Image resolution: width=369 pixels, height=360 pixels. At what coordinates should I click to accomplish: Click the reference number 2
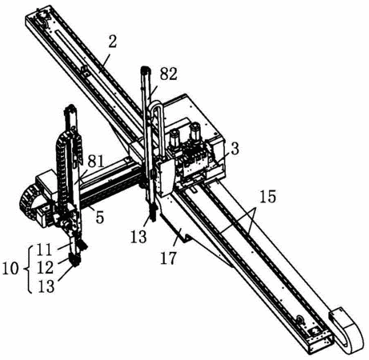113,41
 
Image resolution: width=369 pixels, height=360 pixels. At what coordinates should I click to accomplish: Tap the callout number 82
169,74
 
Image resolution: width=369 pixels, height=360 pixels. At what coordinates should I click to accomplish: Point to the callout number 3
235,150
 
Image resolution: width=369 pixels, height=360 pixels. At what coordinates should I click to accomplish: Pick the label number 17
168,257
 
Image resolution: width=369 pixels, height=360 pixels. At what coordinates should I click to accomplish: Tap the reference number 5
99,218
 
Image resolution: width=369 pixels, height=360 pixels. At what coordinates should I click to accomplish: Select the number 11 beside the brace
44,251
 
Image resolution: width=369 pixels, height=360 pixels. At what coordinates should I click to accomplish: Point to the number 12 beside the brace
45,268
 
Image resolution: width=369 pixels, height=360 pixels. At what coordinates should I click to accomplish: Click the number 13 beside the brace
46,286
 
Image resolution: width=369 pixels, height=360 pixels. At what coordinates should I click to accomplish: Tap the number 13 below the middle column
138,236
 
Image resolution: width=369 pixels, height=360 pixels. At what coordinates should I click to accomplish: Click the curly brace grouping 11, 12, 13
30,268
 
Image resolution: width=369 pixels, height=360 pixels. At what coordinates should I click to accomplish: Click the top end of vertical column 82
146,69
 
